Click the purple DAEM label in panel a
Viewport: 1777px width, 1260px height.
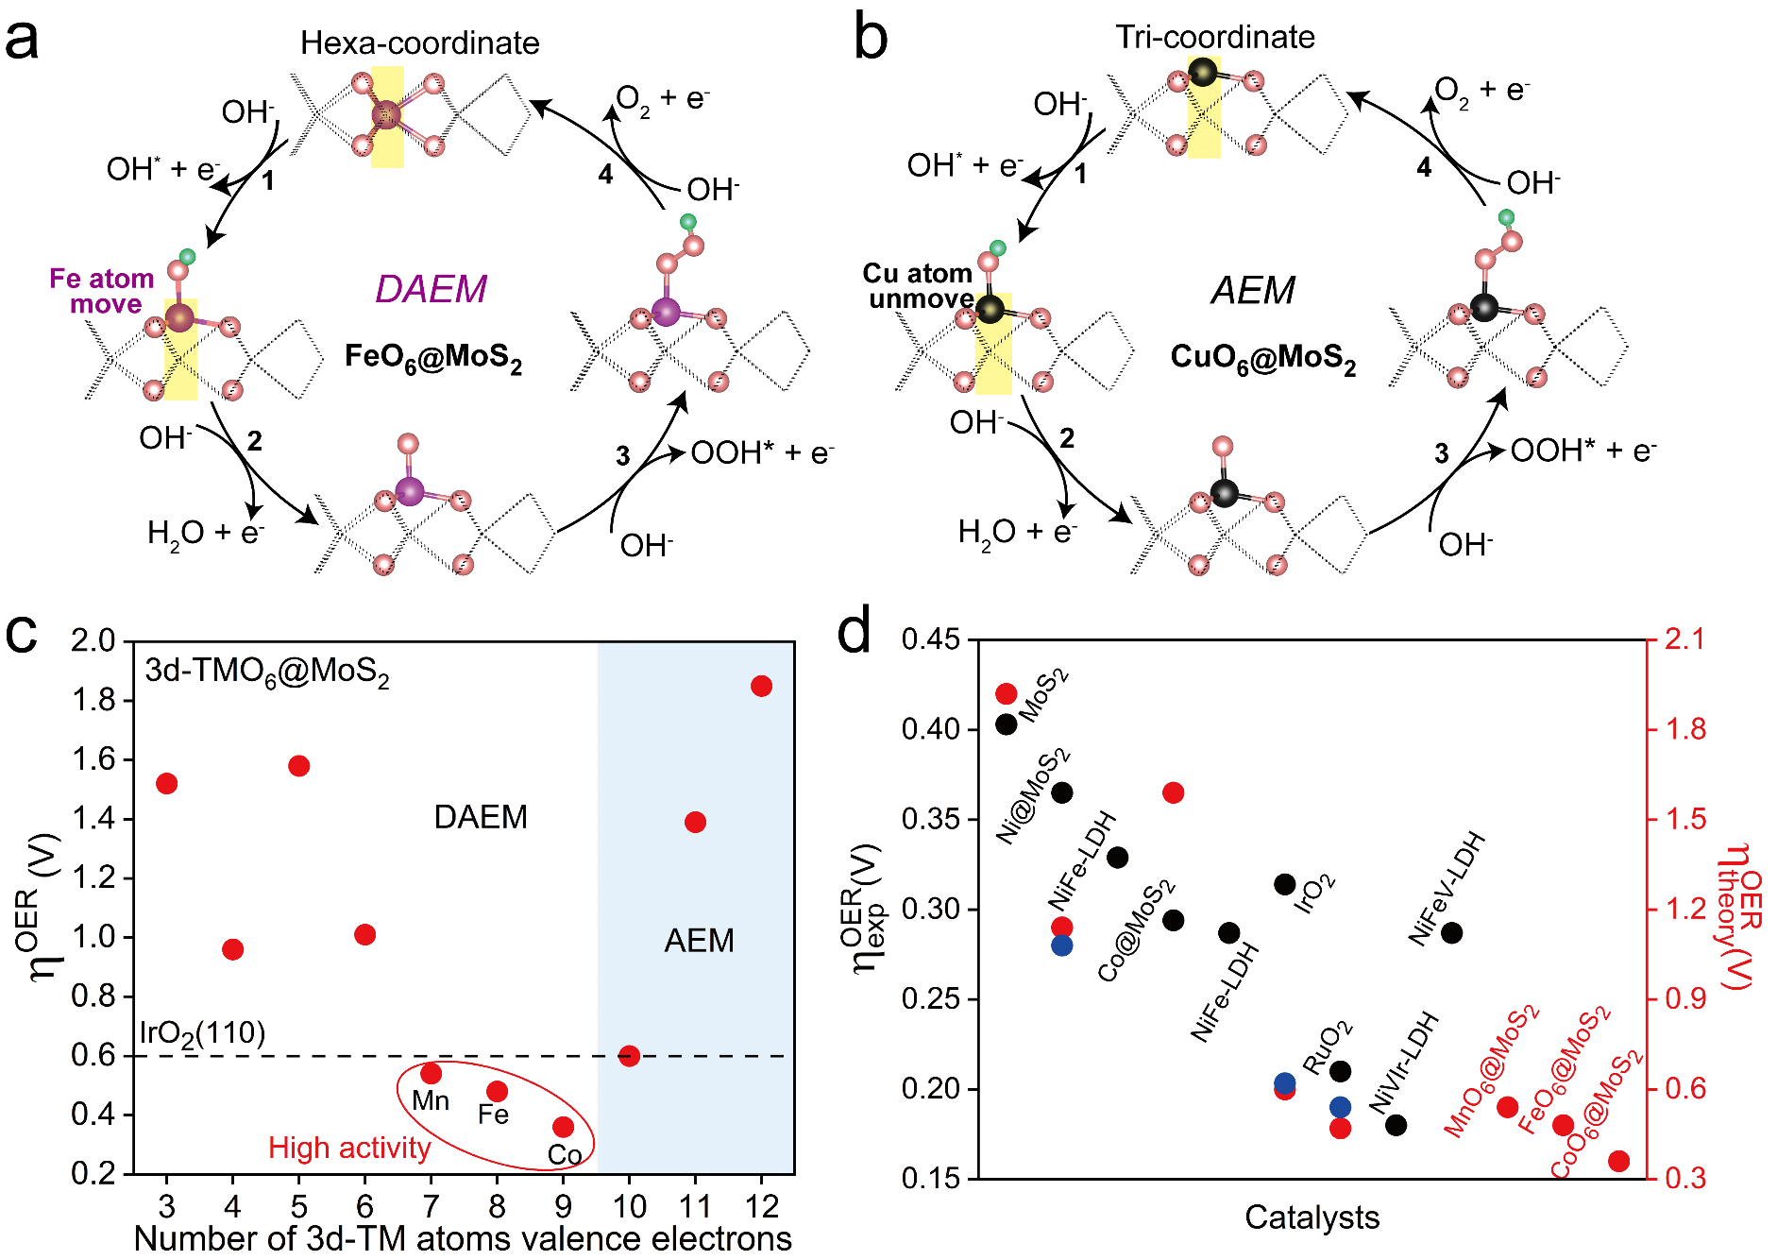(x=431, y=289)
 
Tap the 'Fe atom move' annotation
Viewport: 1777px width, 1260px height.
(x=102, y=291)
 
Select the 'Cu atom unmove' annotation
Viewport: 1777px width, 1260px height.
(x=918, y=286)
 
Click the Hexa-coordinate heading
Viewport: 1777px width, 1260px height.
(x=419, y=43)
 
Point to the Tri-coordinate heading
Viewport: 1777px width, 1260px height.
(x=1215, y=37)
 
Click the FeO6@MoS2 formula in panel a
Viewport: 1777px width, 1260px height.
(x=432, y=358)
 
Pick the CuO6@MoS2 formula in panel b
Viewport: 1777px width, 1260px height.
(x=1262, y=358)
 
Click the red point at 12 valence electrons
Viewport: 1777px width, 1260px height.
(x=761, y=687)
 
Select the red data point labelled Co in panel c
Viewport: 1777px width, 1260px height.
(x=564, y=1127)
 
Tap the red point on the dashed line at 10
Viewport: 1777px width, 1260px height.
(x=629, y=1056)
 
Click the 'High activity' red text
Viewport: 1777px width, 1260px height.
(x=349, y=1148)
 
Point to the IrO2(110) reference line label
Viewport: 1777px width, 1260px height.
(x=202, y=1033)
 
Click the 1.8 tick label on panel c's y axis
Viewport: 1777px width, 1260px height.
(x=93, y=701)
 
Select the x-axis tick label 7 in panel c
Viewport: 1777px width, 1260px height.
(x=431, y=1206)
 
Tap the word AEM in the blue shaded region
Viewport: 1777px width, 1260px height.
(x=699, y=941)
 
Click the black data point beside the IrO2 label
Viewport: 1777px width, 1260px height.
(x=1284, y=885)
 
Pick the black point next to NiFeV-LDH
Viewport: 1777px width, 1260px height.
(x=1451, y=933)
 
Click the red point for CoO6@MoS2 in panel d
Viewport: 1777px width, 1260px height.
(x=1618, y=1162)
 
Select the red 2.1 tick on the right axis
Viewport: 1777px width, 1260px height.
(x=1685, y=639)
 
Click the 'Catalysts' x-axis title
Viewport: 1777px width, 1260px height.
(x=1312, y=1217)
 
